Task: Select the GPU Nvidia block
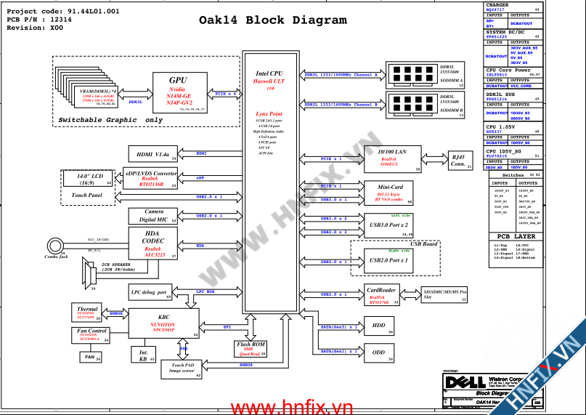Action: pos(179,92)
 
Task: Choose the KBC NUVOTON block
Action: pos(163,322)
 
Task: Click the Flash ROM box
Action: pos(250,348)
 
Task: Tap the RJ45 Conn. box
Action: pos(458,160)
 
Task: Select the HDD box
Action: pos(378,326)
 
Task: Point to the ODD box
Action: pos(378,352)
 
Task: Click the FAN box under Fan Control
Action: pos(90,357)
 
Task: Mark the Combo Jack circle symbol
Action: pos(54,245)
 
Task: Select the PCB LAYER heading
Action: pos(516,237)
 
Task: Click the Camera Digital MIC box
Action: pos(152,215)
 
